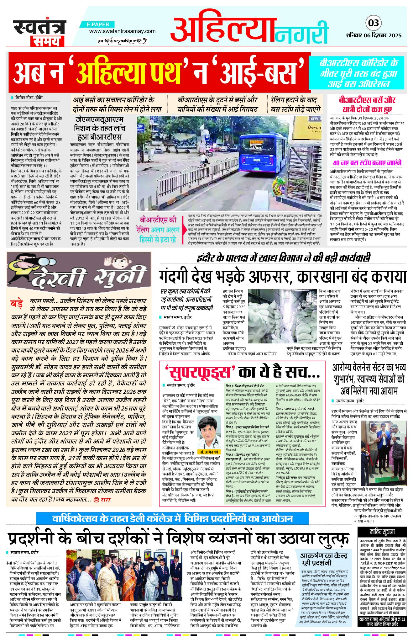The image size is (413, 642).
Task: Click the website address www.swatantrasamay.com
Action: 122,31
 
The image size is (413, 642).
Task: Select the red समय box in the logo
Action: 47,41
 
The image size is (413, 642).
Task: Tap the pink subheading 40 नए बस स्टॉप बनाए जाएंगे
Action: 367,163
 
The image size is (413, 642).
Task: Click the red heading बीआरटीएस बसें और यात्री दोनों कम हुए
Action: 367,105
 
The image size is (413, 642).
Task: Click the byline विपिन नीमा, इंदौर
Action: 30,98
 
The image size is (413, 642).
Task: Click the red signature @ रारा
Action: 102,499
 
